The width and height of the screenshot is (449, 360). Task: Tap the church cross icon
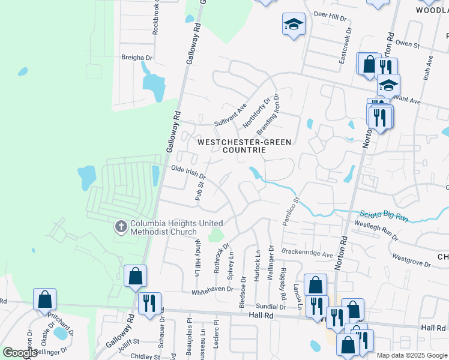pyautogui.click(x=120, y=227)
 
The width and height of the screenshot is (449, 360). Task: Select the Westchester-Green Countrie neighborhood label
pyautogui.click(x=244, y=146)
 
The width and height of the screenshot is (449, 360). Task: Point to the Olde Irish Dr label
pyautogui.click(x=188, y=173)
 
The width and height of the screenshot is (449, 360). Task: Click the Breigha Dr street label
pyautogui.click(x=137, y=58)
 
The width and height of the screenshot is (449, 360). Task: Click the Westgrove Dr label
pyautogui.click(x=411, y=260)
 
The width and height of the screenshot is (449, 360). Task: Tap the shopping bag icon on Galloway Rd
pyautogui.click(x=136, y=277)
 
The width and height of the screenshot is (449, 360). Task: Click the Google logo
pyautogui.click(x=19, y=353)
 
